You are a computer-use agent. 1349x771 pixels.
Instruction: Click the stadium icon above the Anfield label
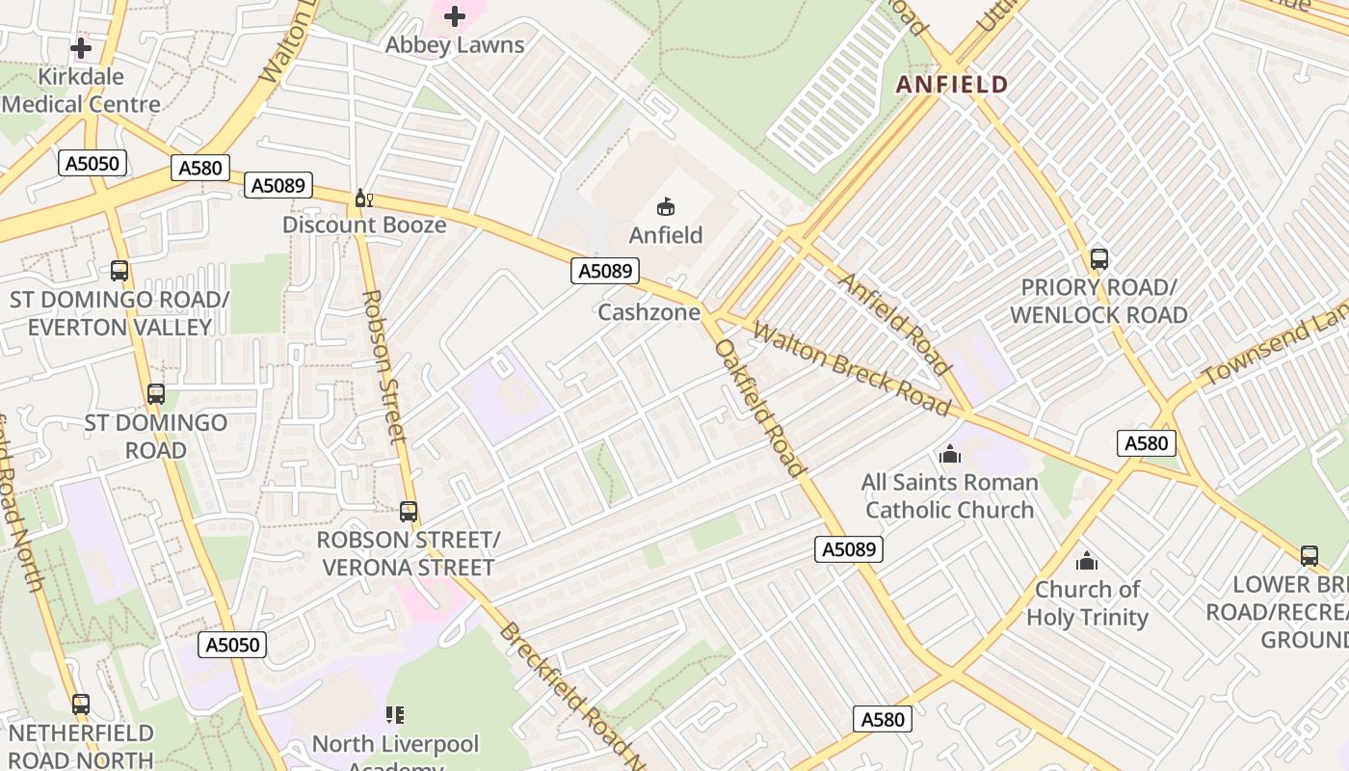[666, 206]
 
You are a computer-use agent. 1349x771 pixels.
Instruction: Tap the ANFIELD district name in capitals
[952, 85]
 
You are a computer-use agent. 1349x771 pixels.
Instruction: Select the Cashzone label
[648, 312]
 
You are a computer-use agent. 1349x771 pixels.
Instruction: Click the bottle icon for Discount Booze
[363, 199]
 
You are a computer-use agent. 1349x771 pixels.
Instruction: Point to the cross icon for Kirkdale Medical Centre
[81, 47]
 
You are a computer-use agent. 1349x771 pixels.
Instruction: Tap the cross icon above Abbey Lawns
[455, 16]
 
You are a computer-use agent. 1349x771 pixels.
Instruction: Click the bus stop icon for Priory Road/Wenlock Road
[1098, 259]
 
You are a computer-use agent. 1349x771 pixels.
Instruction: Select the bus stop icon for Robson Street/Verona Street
[409, 512]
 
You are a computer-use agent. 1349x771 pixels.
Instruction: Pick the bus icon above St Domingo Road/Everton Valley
[119, 271]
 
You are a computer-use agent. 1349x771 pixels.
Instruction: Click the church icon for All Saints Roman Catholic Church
[950, 454]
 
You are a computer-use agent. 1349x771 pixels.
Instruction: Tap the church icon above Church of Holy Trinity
[1087, 561]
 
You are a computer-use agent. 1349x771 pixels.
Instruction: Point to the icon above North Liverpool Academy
[395, 715]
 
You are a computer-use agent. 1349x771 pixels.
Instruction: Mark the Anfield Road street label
[894, 323]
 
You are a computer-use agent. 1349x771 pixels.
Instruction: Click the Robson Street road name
[384, 366]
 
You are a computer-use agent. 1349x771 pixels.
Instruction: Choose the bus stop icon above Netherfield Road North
[81, 705]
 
